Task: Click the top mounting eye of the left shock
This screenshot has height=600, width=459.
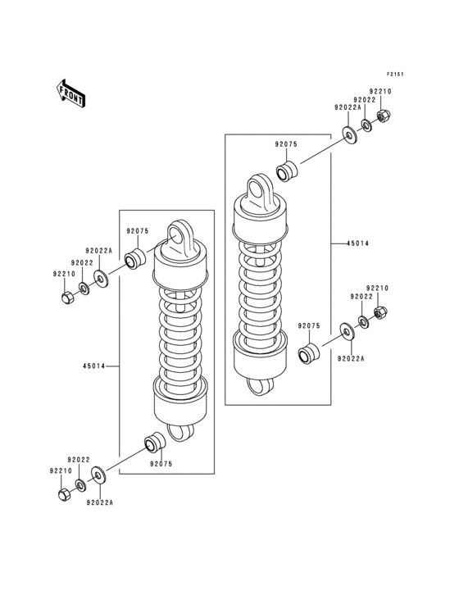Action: tap(180, 236)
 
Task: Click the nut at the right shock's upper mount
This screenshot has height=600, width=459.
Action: tap(383, 116)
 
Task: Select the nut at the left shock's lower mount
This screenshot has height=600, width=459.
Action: tap(64, 494)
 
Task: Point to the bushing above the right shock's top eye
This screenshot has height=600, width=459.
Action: tap(286, 173)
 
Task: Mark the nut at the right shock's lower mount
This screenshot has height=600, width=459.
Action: tap(380, 312)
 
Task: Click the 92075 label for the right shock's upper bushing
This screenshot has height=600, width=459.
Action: tap(286, 144)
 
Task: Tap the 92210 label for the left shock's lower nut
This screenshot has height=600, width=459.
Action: tap(61, 471)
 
